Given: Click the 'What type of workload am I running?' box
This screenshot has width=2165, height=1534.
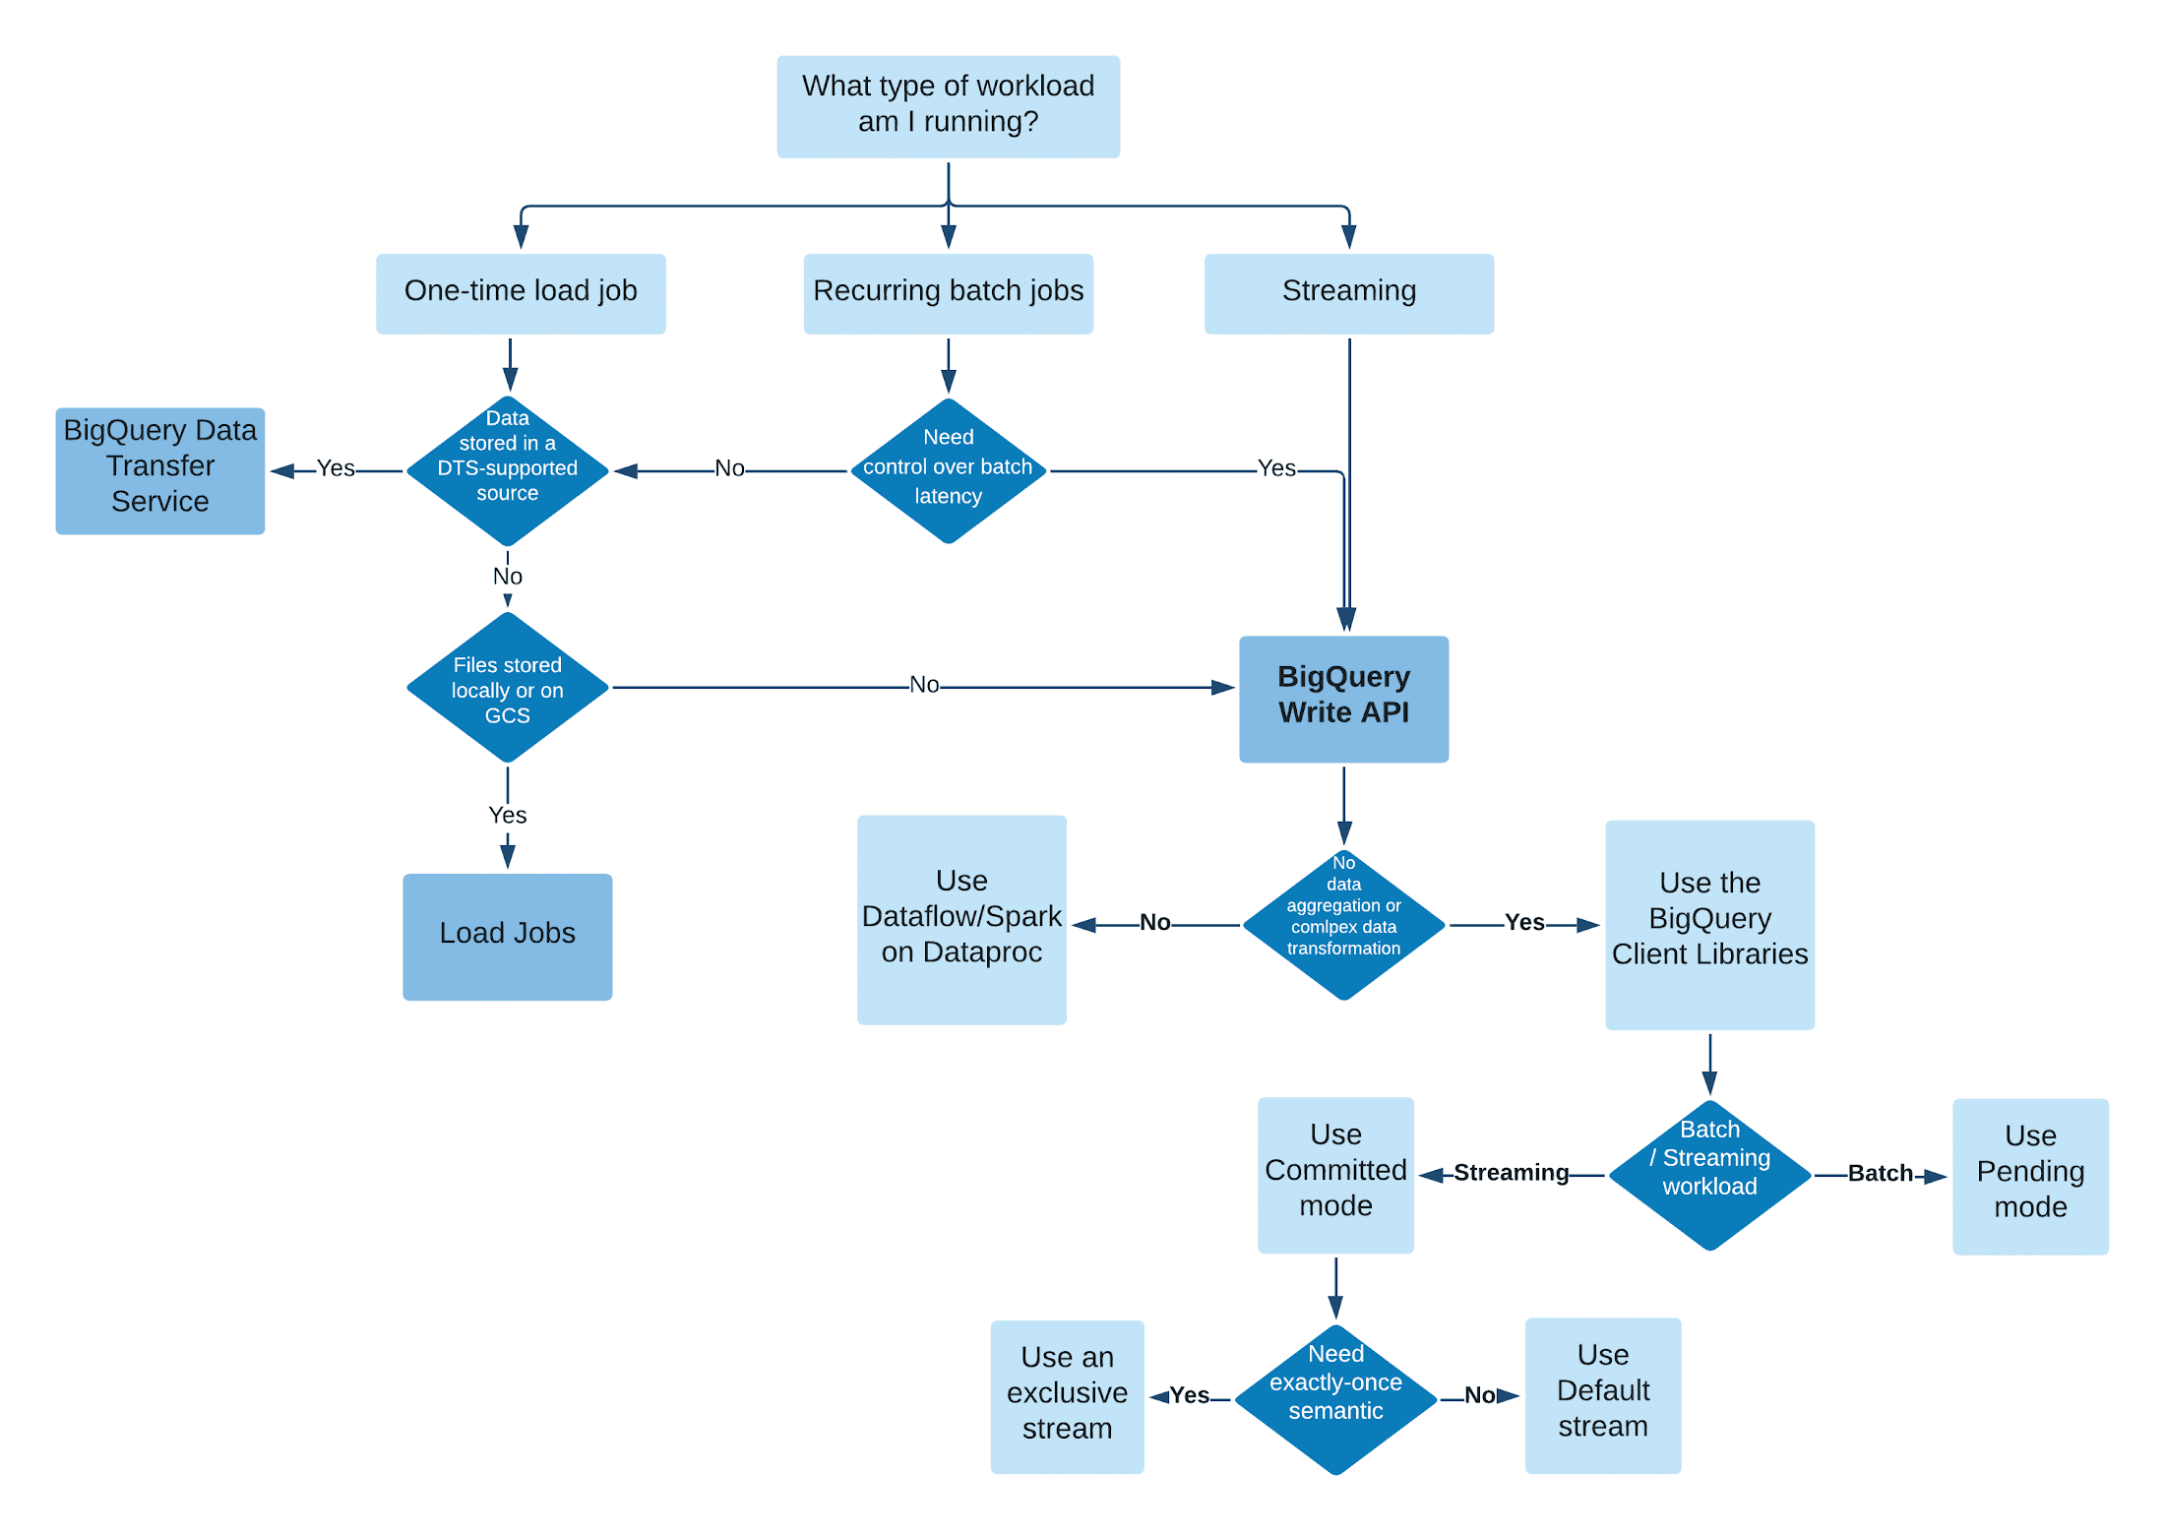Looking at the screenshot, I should tap(948, 106).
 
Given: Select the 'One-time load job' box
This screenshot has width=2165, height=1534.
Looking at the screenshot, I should tap(521, 293).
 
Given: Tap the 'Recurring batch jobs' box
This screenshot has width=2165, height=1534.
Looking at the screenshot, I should tap(948, 293).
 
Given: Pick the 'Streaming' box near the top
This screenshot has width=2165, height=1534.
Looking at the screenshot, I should tap(1348, 293).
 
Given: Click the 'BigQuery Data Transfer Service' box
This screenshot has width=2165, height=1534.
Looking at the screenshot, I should tap(159, 470).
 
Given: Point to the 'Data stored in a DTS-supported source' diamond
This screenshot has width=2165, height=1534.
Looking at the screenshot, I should tap(507, 470).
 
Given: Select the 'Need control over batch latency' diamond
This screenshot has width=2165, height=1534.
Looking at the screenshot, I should tap(948, 470).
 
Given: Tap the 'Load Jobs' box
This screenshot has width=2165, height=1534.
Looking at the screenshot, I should tap(507, 936).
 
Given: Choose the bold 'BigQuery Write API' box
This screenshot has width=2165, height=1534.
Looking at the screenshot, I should tap(1343, 698).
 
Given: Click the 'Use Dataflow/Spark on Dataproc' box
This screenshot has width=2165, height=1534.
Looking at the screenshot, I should tap(961, 919).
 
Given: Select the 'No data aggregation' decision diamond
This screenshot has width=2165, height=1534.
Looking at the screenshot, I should tap(1343, 924).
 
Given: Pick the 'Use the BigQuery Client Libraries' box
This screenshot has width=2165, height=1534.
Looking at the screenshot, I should tap(1709, 924).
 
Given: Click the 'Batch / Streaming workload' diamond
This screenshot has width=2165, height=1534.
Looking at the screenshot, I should tap(1709, 1174).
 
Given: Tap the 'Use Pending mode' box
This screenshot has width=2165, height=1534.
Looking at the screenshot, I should tap(2030, 1175).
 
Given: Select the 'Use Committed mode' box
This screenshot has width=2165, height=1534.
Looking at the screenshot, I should tap(1335, 1174).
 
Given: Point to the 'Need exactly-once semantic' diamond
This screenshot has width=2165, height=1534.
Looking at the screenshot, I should tap(1335, 1397).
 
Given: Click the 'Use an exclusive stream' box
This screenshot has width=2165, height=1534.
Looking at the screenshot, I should tap(1067, 1395).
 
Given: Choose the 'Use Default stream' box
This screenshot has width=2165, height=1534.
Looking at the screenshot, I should tap(1602, 1394).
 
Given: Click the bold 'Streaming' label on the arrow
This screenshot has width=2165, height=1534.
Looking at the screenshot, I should tap(1511, 1172).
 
